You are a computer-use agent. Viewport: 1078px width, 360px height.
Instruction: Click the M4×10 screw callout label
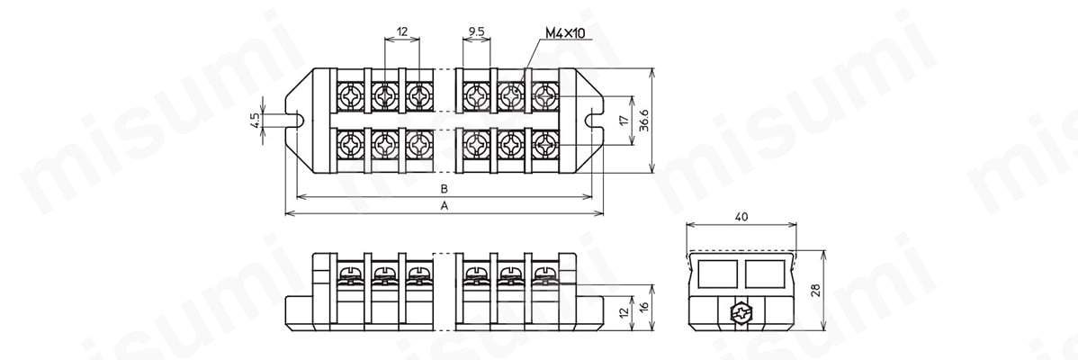coord(570,33)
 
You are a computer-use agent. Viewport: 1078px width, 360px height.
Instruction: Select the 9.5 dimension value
coord(476,31)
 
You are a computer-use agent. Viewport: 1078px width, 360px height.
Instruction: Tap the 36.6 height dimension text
coord(643,121)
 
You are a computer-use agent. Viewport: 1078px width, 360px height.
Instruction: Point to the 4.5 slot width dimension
coord(255,121)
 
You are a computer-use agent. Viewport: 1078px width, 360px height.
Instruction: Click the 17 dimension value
coord(623,121)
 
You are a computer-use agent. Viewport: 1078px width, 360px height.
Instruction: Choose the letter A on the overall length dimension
coord(445,206)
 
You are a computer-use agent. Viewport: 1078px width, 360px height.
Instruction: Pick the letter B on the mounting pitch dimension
coord(445,188)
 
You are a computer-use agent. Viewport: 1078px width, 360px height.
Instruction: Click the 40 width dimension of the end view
coord(741,216)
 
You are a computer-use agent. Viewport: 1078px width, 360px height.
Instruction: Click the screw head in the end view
coord(741,313)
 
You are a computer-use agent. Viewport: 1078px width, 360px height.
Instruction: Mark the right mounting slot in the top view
coord(592,121)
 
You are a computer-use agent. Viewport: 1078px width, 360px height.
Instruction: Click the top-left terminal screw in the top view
coord(351,96)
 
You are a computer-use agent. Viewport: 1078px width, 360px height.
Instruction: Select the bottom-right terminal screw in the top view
coord(545,145)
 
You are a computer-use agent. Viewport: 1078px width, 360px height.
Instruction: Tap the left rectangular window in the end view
coord(715,274)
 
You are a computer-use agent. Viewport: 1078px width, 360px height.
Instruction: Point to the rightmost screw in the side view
coord(544,275)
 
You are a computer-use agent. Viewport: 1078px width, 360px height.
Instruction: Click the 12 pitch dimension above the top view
coord(402,31)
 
